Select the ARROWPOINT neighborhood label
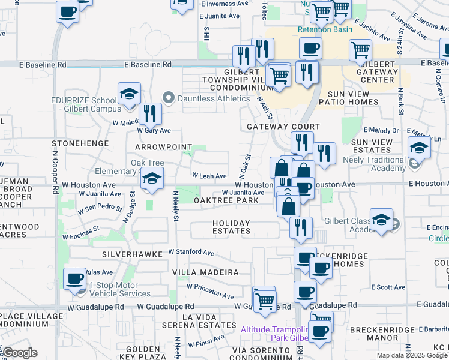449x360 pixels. point(163,147)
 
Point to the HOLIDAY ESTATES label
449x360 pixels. point(231,227)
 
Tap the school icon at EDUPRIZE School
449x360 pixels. point(129,94)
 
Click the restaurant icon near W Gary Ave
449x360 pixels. point(150,113)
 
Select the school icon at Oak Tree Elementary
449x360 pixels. point(152,178)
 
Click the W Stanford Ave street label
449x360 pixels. point(191,253)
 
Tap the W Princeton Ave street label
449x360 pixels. point(210,292)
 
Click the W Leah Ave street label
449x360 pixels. point(209,176)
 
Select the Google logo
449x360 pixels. point(20,353)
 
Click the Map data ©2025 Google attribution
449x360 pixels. point(411,355)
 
